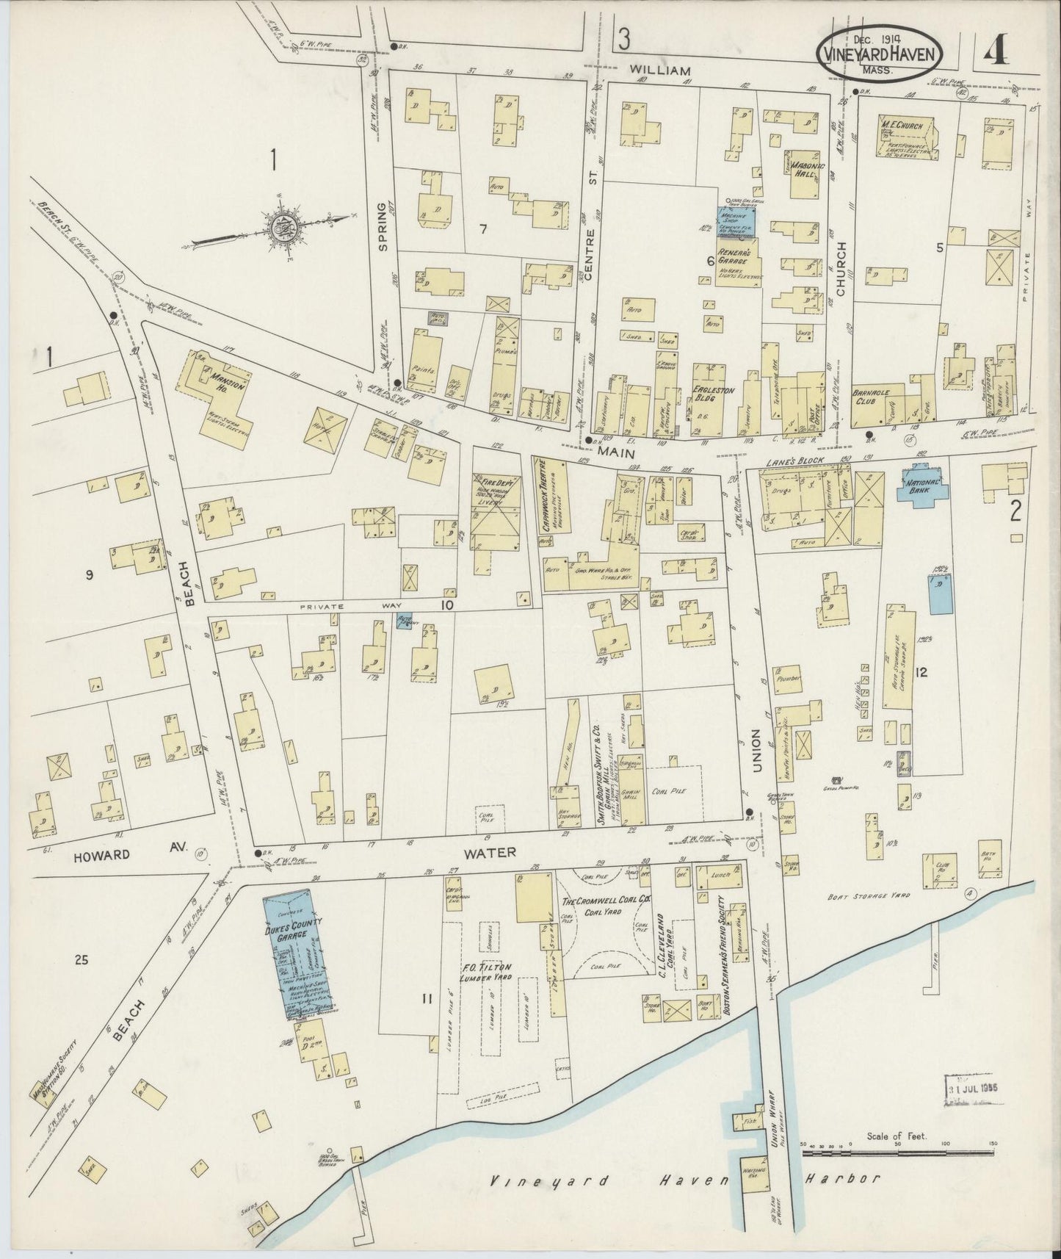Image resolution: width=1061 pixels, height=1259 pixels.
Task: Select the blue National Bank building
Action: [x=921, y=486]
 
